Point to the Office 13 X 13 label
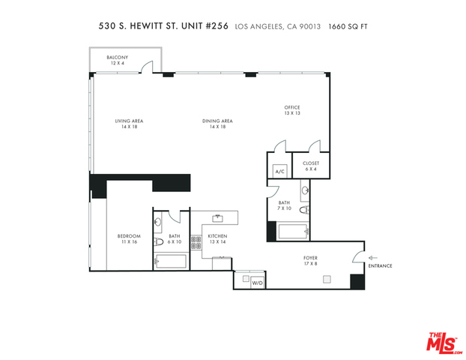292,110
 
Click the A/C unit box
280,171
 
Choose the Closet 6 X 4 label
311,166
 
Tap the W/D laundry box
258,283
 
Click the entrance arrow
372,258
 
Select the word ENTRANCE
380,266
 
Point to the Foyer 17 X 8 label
310,261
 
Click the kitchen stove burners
196,242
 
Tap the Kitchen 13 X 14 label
217,239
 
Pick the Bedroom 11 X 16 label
129,239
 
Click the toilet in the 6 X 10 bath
159,242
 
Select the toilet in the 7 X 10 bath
304,210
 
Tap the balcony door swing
147,67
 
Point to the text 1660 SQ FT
348,27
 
